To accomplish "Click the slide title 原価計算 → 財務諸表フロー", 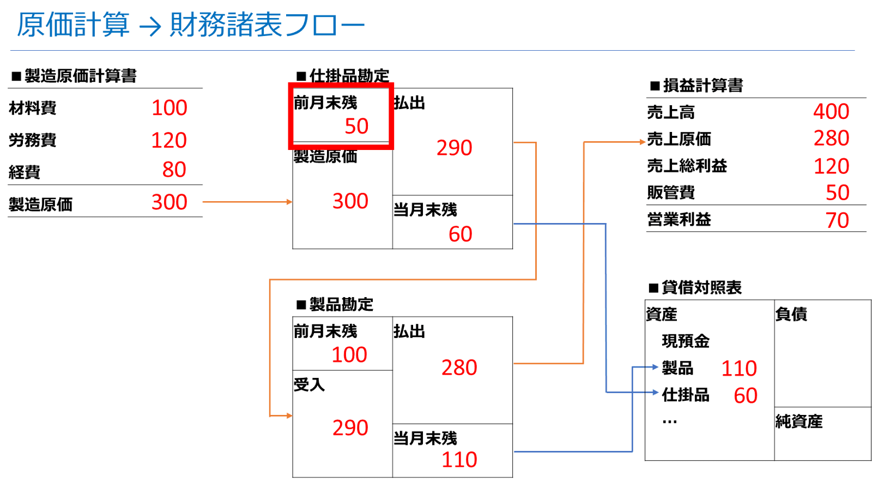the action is pos(191,25).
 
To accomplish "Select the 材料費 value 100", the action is pos(169,108).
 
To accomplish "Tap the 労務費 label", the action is pos(33,140).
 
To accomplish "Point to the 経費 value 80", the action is pos(174,170).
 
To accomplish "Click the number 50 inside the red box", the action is pos(356,126).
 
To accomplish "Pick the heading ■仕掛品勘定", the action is pos(343,76).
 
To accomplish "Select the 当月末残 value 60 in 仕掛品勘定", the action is pos(460,234).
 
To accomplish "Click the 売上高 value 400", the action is pos(831,111).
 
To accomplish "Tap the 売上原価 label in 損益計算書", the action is pos(679,139).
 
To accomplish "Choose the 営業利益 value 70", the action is pos(837,220).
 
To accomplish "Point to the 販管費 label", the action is pos(671,192).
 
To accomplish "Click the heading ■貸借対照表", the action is pos(695,288).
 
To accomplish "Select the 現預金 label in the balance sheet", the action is pos(686,341).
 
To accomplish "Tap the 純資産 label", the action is pos(799,421).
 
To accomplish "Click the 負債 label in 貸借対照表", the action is pos(791,314).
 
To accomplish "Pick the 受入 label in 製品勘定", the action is pos(309,385).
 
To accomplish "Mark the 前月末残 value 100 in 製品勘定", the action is pos(349,355).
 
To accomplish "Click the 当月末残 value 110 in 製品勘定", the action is pos(459,460).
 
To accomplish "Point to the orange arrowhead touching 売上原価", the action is pos(643,142).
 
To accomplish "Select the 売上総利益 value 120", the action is pos(831,166).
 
